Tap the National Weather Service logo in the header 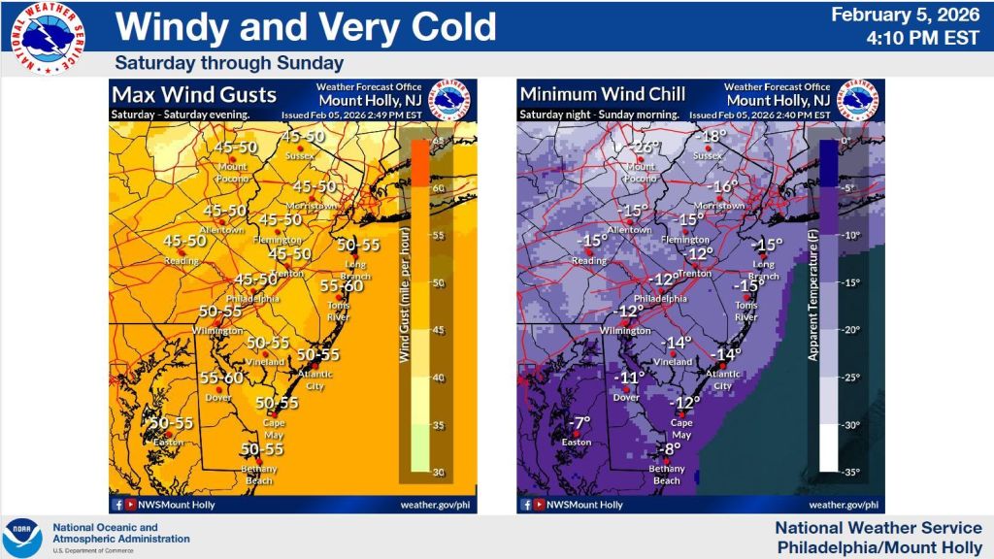(47, 37)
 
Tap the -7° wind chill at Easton (579, 423)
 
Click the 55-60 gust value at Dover (222, 378)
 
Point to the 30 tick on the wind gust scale (437, 473)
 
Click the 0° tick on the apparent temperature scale (845, 142)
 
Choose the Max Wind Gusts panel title (194, 95)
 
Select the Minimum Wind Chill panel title (602, 95)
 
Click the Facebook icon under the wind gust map (117, 505)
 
